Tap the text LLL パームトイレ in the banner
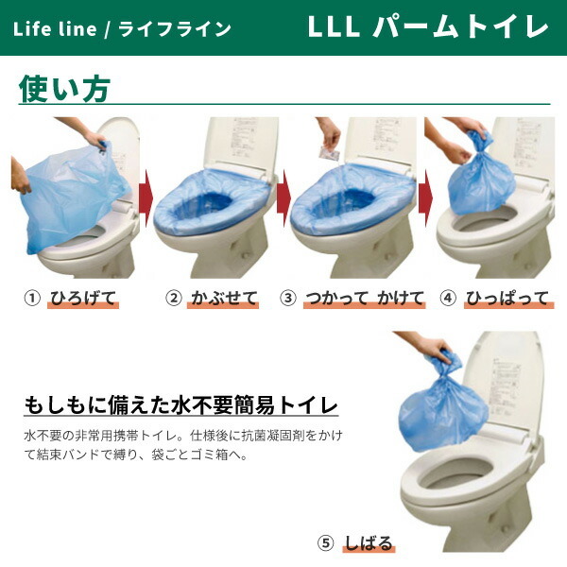click(x=428, y=27)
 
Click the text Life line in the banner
click(x=55, y=28)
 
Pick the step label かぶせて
click(x=223, y=299)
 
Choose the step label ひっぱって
click(x=507, y=299)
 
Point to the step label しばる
click(x=369, y=542)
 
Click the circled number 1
click(x=31, y=299)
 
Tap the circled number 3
click(x=289, y=299)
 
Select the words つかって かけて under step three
click(x=363, y=299)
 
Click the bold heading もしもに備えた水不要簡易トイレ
click(x=180, y=406)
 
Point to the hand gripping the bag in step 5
click(x=437, y=351)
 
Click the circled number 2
click(x=173, y=299)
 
